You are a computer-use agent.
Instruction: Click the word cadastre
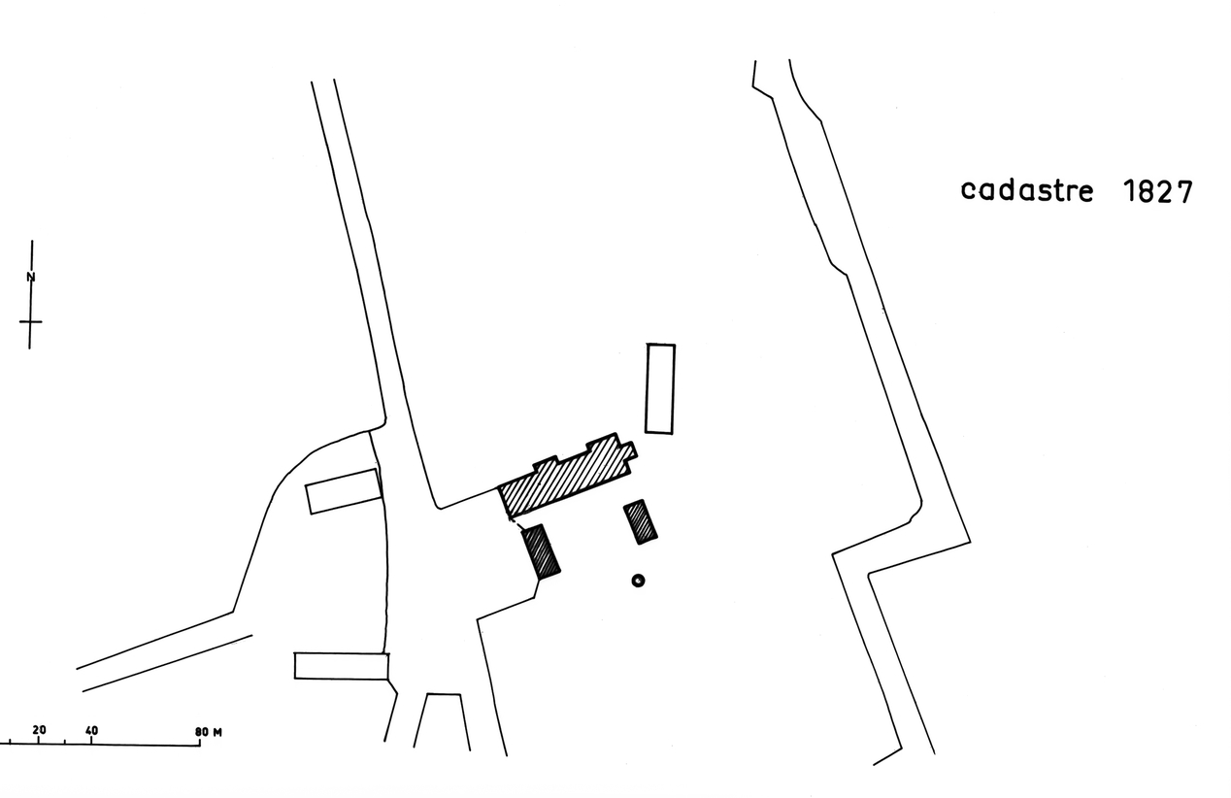click(1026, 191)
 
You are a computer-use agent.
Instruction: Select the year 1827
click(1158, 192)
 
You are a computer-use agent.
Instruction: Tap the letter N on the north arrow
click(31, 277)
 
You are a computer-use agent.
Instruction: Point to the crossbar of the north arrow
click(31, 321)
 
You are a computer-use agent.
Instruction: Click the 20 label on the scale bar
click(39, 730)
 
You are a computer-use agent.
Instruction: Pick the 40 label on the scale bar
click(92, 731)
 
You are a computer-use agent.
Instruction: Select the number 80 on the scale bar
click(202, 733)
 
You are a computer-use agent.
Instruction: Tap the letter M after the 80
click(217, 733)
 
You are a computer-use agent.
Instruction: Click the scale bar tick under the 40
click(91, 742)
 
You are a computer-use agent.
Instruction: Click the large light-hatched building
click(566, 476)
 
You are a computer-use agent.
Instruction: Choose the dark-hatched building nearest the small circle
click(640, 522)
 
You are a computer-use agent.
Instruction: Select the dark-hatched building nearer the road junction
click(540, 551)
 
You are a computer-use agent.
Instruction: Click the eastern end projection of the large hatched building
click(631, 450)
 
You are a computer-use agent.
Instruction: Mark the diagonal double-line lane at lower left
click(163, 651)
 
